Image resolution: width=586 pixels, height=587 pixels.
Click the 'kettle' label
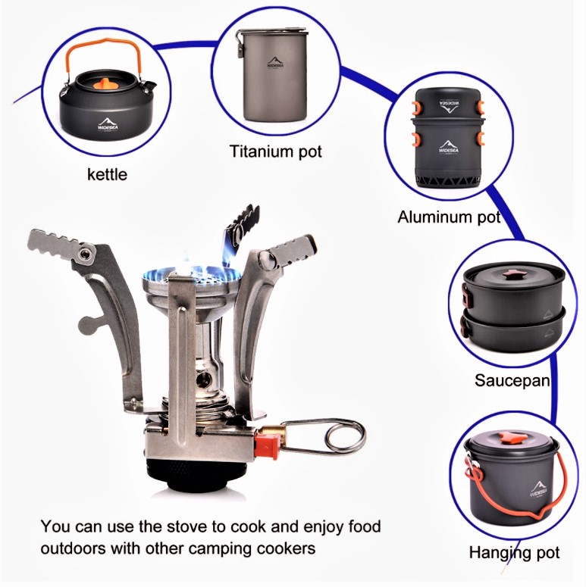pos(107,174)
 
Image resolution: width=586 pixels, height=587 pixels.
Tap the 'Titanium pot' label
pos(276,151)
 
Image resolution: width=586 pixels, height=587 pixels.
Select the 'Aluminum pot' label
pos(449,217)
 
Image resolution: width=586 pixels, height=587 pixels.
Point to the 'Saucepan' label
pos(512,380)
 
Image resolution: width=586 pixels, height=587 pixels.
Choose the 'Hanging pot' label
pos(515,553)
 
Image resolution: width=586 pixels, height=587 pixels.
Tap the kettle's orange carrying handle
pos(103,56)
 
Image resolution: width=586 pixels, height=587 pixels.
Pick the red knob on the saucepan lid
pos(509,276)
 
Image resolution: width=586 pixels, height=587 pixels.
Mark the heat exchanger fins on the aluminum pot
pos(448,181)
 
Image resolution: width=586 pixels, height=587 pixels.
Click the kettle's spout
pos(149,86)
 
